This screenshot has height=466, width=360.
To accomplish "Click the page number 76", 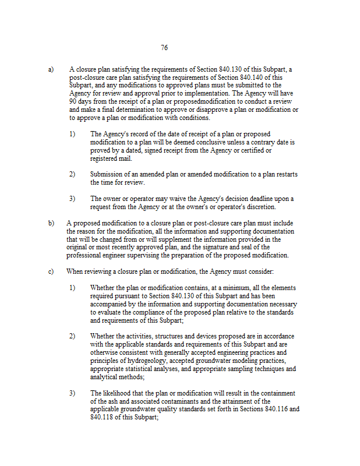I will pos(164,48).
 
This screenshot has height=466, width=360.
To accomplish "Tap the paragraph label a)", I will pos(51,69).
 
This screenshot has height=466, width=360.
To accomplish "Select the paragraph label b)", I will pos(51,223).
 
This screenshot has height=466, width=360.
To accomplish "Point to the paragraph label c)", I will pos(51,271).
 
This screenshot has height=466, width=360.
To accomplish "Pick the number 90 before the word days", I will pos(73,101).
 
